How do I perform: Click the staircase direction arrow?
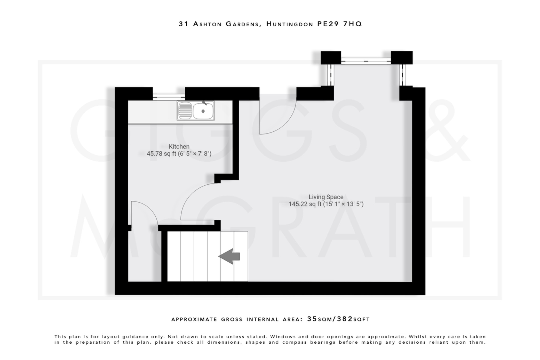[x=229, y=256]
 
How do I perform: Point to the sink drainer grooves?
[x=185, y=111]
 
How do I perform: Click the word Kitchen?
[x=179, y=147]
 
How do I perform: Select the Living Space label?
[x=326, y=197]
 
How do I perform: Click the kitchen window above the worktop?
[x=169, y=97]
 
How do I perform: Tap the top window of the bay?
[x=366, y=61]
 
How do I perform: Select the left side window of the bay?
[x=331, y=75]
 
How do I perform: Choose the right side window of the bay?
[x=402, y=75]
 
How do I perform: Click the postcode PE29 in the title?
[x=328, y=24]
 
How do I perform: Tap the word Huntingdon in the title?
[x=290, y=24]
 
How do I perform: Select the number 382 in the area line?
[x=345, y=319]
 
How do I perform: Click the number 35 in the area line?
[x=312, y=319]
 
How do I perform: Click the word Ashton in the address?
[x=207, y=24]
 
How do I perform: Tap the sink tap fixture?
[x=204, y=103]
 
